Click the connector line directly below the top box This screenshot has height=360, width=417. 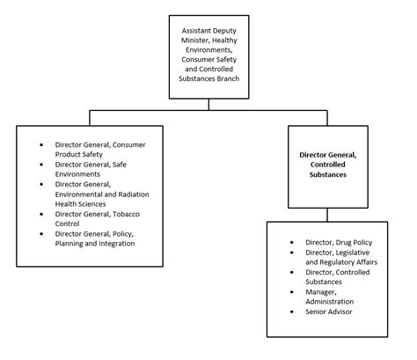[x=208, y=104]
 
